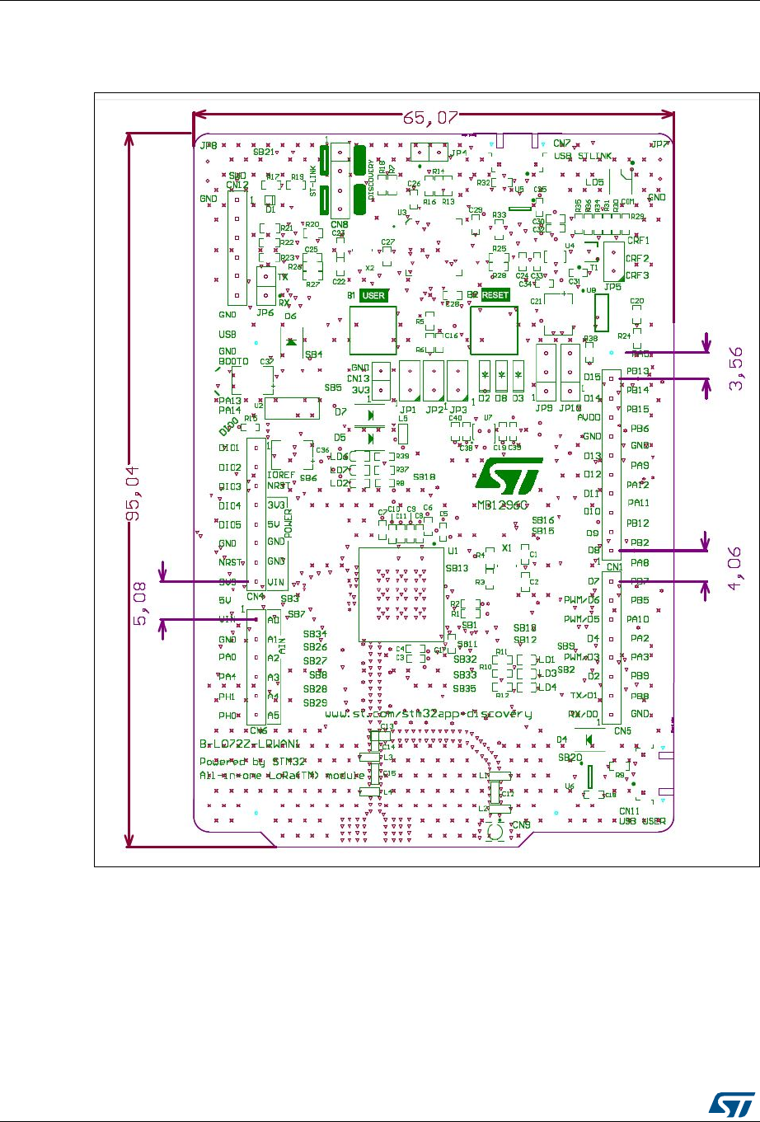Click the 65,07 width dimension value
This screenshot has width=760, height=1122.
coord(429,118)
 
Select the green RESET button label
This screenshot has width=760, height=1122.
coord(495,294)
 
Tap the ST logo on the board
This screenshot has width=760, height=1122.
coord(505,478)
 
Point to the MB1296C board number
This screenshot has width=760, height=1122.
coord(504,505)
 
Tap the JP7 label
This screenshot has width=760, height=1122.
coord(659,144)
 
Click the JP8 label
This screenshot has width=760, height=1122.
coord(209,145)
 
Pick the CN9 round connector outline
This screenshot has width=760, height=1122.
coord(496,833)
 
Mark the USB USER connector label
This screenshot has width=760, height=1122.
coord(642,821)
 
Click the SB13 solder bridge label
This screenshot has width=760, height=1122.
coord(457,568)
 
